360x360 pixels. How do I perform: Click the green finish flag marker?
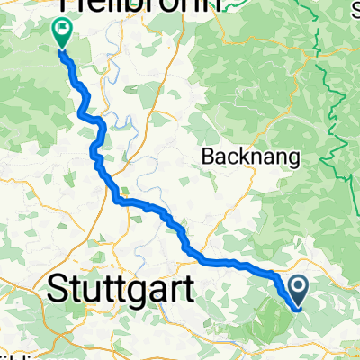pos(62,33)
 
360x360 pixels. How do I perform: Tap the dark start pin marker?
pos(299,289)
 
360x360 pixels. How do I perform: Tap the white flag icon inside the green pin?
pos(62,29)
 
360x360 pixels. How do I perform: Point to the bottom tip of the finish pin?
pos(62,49)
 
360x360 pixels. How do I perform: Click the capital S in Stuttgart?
pos(56,289)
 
